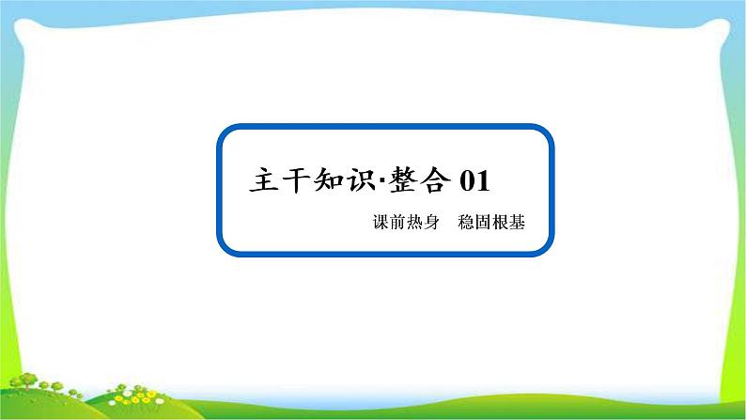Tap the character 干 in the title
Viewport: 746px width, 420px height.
point(305,179)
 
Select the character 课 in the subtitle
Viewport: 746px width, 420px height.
point(380,226)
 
